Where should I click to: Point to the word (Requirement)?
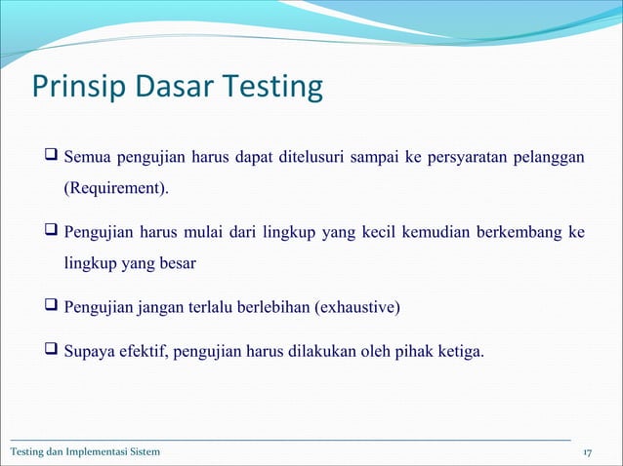pyautogui.click(x=115, y=187)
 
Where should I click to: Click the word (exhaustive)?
pyautogui.click(x=356, y=310)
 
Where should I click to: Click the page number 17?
pyautogui.click(x=588, y=452)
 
